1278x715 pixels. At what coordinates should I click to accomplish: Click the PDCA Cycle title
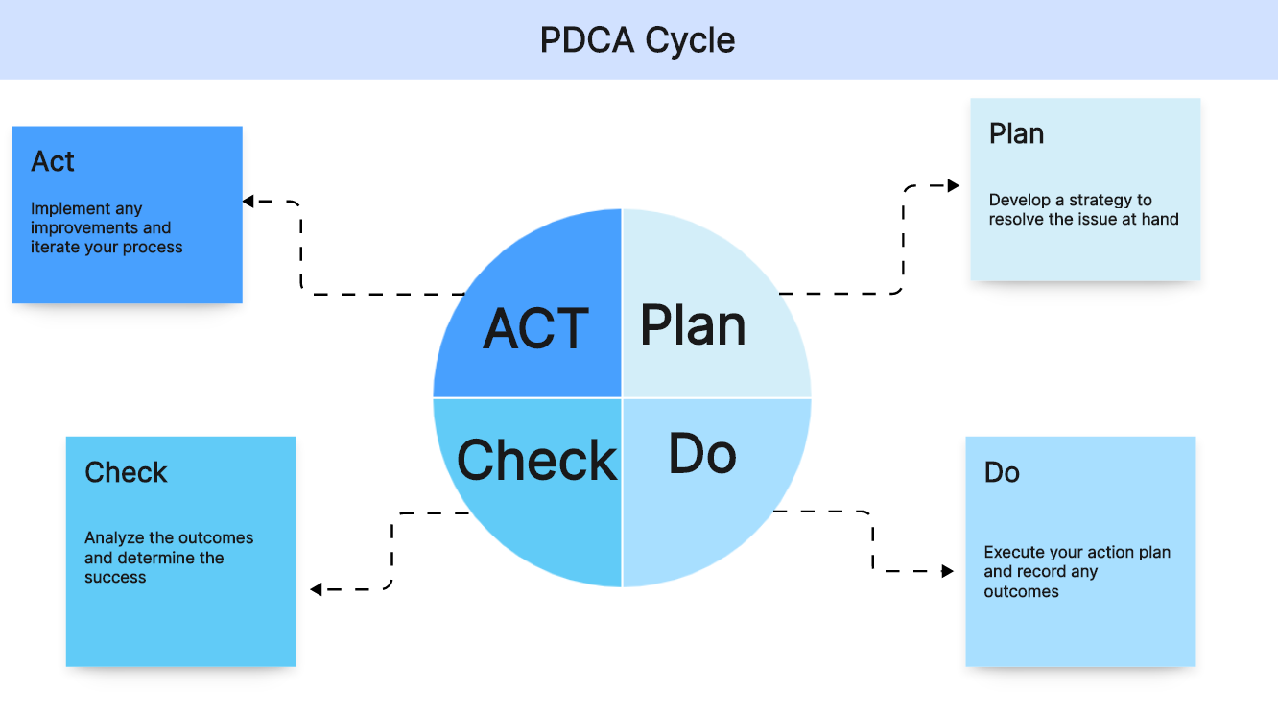point(638,40)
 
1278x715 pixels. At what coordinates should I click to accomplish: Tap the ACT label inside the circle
point(535,329)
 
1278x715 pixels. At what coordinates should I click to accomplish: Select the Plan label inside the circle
point(693,325)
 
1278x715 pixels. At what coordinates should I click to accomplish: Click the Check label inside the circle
point(537,461)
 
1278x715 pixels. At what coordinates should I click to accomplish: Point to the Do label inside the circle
point(702,453)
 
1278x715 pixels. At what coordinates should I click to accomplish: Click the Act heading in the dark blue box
point(53,162)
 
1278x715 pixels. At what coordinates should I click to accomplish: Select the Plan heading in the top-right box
point(1016,134)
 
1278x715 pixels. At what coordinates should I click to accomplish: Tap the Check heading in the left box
point(126,472)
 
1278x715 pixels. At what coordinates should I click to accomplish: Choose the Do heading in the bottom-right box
point(1002,472)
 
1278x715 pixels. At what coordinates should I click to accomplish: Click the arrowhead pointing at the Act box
point(248,202)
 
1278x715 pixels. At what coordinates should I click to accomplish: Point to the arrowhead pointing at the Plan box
point(953,186)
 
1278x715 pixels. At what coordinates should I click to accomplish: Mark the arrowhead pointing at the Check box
point(316,589)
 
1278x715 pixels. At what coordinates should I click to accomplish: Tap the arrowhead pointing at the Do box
point(948,571)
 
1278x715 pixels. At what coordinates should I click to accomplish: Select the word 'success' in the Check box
point(115,578)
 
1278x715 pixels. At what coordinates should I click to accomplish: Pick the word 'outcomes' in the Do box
point(1021,591)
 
